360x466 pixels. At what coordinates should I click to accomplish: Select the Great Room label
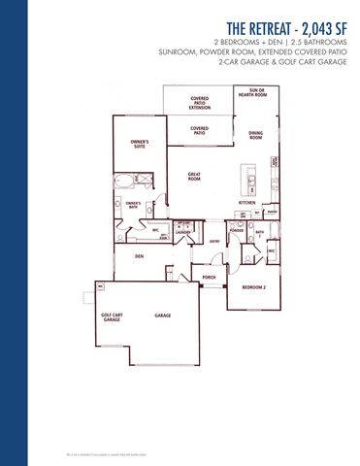(194, 176)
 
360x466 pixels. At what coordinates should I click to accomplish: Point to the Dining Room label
(255, 135)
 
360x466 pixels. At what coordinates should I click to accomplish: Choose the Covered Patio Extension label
(199, 102)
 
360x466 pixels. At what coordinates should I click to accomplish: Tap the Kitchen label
(246, 202)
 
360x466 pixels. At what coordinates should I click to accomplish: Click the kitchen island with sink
(249, 179)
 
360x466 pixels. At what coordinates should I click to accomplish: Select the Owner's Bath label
(134, 205)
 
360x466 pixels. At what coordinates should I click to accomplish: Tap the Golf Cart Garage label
(113, 316)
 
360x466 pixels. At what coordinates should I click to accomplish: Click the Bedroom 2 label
(254, 288)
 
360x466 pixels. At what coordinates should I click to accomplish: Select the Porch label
(209, 278)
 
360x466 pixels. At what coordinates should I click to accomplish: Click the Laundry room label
(183, 232)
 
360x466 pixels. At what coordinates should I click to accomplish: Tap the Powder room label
(236, 230)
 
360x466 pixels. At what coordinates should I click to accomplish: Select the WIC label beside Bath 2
(272, 250)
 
